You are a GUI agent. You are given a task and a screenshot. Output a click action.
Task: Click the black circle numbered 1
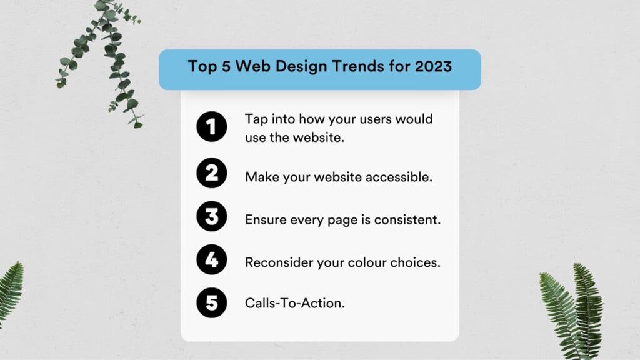pyautogui.click(x=211, y=126)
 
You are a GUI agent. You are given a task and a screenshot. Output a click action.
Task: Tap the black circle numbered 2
pyautogui.click(x=211, y=173)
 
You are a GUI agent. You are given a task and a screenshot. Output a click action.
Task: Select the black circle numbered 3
pyautogui.click(x=211, y=216)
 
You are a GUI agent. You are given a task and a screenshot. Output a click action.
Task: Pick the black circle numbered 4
pyautogui.click(x=211, y=259)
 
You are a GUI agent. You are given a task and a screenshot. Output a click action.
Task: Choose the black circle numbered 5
pyautogui.click(x=211, y=303)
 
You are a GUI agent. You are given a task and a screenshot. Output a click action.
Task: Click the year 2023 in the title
pyautogui.click(x=434, y=66)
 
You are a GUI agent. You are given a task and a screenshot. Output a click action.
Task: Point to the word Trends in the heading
pyautogui.click(x=358, y=66)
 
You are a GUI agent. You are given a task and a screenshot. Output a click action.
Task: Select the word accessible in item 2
pyautogui.click(x=399, y=177)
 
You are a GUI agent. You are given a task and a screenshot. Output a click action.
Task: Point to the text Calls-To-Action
pyautogui.click(x=295, y=303)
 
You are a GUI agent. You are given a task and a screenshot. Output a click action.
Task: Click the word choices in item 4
pyautogui.click(x=415, y=262)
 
